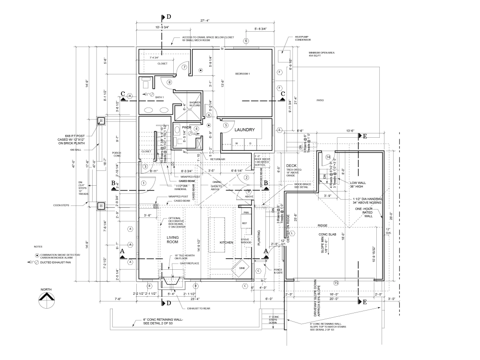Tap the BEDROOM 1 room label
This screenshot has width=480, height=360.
[x=243, y=73]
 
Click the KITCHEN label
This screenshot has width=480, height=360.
[x=226, y=243]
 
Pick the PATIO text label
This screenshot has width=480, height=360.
[x=320, y=100]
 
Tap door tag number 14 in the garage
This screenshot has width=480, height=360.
[x=328, y=157]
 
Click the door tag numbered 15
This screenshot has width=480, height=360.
[x=336, y=283]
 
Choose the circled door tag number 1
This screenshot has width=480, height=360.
[x=143, y=183]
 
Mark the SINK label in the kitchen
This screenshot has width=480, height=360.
[x=241, y=269]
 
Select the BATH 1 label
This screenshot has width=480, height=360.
[x=159, y=97]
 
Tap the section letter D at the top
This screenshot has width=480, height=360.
[x=168, y=16]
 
